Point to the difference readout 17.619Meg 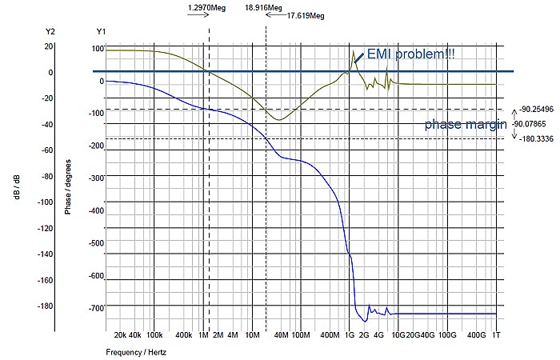pyautogui.click(x=306, y=14)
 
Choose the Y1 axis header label pyautogui.click(x=101, y=31)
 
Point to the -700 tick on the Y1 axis pyautogui.click(x=97, y=308)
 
